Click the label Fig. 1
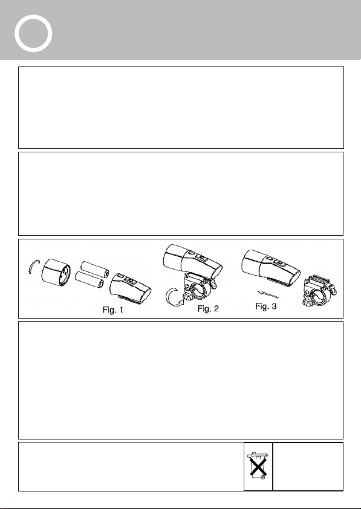(113, 310)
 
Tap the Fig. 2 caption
(208, 309)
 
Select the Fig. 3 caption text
(266, 306)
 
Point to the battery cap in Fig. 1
(56, 273)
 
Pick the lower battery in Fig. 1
(89, 280)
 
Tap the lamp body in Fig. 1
(131, 288)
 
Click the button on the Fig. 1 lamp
(130, 281)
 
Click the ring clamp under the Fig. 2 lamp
(198, 287)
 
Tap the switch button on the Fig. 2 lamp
(203, 259)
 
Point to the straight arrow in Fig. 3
(268, 294)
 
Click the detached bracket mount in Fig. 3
(319, 290)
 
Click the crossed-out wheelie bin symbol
(258, 465)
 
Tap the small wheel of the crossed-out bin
(263, 477)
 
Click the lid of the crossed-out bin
(257, 455)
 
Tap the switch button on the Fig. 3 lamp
(279, 262)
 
